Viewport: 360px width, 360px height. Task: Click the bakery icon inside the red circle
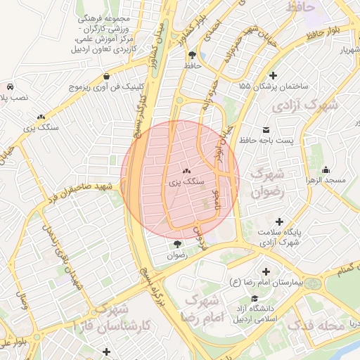click(187, 171)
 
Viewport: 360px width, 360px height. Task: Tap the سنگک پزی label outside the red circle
click(41, 127)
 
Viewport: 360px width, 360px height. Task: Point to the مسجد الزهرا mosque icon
click(326, 170)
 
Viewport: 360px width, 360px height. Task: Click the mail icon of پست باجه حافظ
click(266, 130)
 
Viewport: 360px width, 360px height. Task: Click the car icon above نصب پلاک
click(11, 84)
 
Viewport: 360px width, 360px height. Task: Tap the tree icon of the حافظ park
click(191, 54)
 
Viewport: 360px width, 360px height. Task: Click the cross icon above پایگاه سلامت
click(280, 221)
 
